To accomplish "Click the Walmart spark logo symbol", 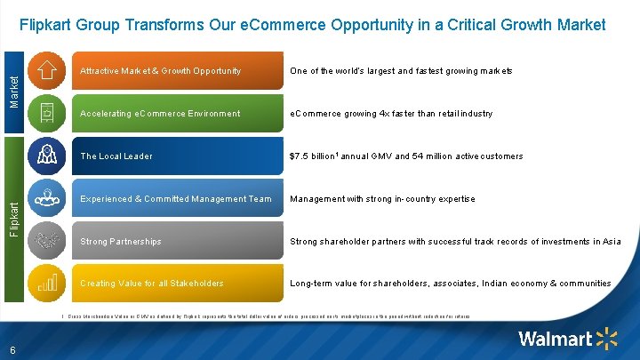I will point(608,339).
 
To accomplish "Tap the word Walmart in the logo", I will point(556,339).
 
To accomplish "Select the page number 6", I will point(12,349).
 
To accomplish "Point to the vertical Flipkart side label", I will point(13,218).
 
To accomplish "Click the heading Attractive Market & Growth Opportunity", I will point(160,71).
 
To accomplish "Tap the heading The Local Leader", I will point(116,156).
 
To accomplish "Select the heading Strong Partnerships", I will point(121,242).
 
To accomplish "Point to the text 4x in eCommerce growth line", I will point(388,114).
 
